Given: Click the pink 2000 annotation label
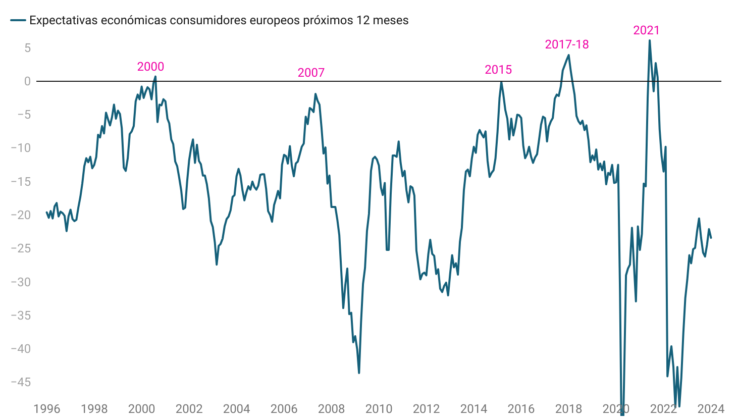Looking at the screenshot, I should [x=150, y=67].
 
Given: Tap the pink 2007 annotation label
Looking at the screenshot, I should [x=311, y=73].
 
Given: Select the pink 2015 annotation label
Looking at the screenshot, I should [x=498, y=70].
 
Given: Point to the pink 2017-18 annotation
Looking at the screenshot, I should [x=567, y=44].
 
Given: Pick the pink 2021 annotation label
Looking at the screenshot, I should [x=646, y=30].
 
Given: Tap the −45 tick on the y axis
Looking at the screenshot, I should [x=21, y=382].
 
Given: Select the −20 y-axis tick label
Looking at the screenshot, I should [x=21, y=215].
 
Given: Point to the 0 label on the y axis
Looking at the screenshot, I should [x=27, y=81].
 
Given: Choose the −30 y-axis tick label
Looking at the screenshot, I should [x=21, y=282].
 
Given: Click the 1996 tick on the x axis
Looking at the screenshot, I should [x=46, y=409].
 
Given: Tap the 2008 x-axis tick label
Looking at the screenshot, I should [x=331, y=409].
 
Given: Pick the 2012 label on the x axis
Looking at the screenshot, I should [x=426, y=409].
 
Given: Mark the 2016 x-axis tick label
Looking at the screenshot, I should [x=521, y=409].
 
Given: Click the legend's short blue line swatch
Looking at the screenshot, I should [x=18, y=20].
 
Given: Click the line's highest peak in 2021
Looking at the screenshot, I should [x=650, y=40].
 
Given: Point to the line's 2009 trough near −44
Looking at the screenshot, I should [x=359, y=373].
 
